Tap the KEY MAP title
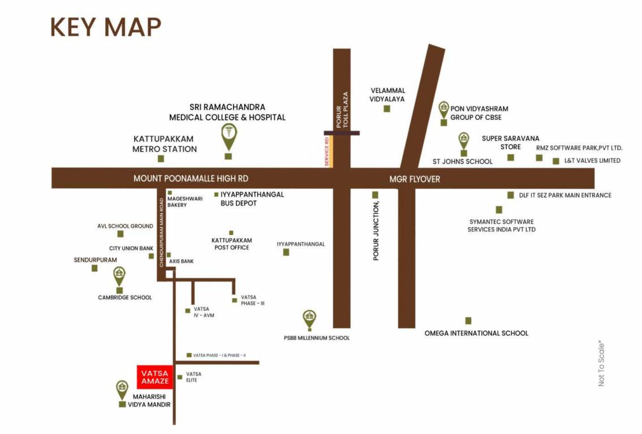106,27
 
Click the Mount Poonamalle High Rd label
191,179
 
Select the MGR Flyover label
415,179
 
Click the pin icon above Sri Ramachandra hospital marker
229,136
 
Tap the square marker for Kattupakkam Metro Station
161,159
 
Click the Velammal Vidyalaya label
387,94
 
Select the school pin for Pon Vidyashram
444,109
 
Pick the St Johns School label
463,162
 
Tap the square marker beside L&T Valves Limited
555,161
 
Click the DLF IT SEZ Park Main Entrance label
565,196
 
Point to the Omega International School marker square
468,320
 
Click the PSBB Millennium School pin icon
309,318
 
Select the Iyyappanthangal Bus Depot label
252,198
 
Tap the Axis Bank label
181,262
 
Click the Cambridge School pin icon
119,276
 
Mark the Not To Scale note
601,363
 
